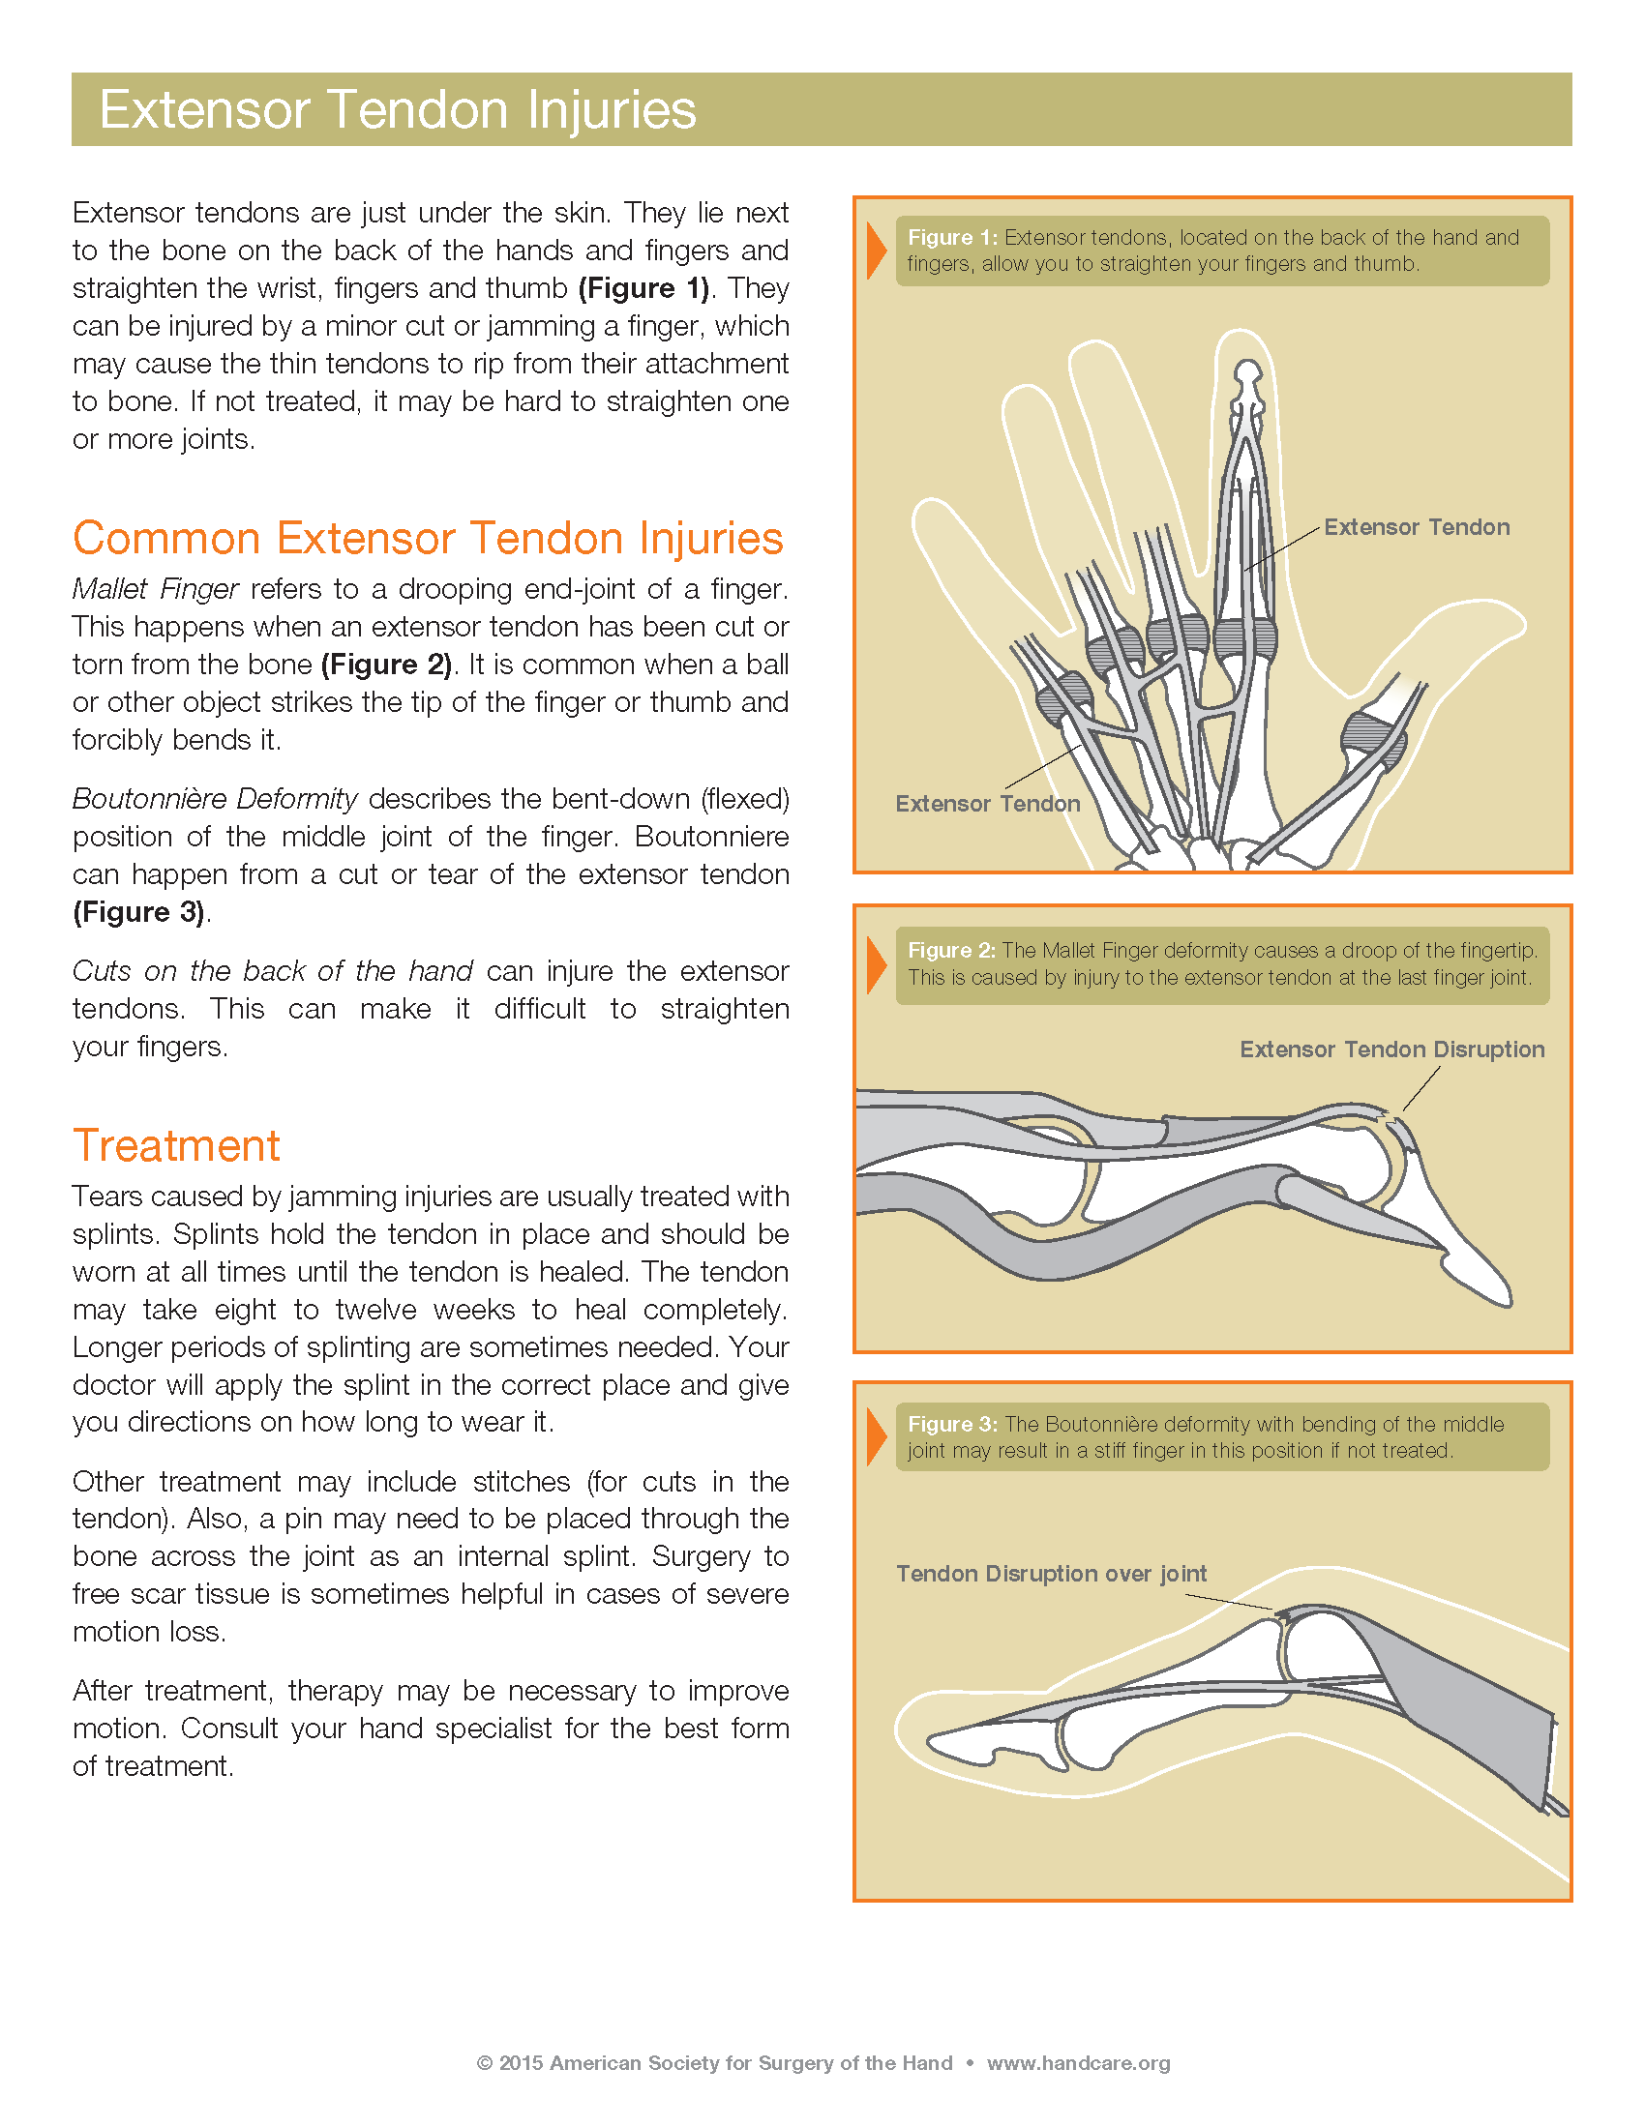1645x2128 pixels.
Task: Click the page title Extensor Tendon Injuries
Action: click(398, 109)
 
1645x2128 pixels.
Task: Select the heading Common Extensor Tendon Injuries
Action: click(428, 538)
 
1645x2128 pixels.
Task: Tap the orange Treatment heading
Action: click(176, 1146)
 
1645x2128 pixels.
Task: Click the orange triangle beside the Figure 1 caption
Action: click(876, 251)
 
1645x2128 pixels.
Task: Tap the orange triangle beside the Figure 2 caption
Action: click(876, 964)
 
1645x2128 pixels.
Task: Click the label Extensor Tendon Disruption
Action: click(1391, 1049)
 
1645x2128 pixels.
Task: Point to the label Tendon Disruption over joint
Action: click(1051, 1574)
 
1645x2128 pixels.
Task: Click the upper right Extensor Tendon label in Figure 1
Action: click(1416, 527)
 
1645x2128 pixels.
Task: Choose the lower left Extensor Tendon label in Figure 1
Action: click(987, 804)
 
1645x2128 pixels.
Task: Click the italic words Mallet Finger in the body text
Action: click(155, 589)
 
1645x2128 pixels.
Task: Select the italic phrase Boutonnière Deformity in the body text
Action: click(215, 799)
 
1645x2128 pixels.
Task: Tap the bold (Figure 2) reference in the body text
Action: click(386, 665)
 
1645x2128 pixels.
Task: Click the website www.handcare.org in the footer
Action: click(1078, 2063)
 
